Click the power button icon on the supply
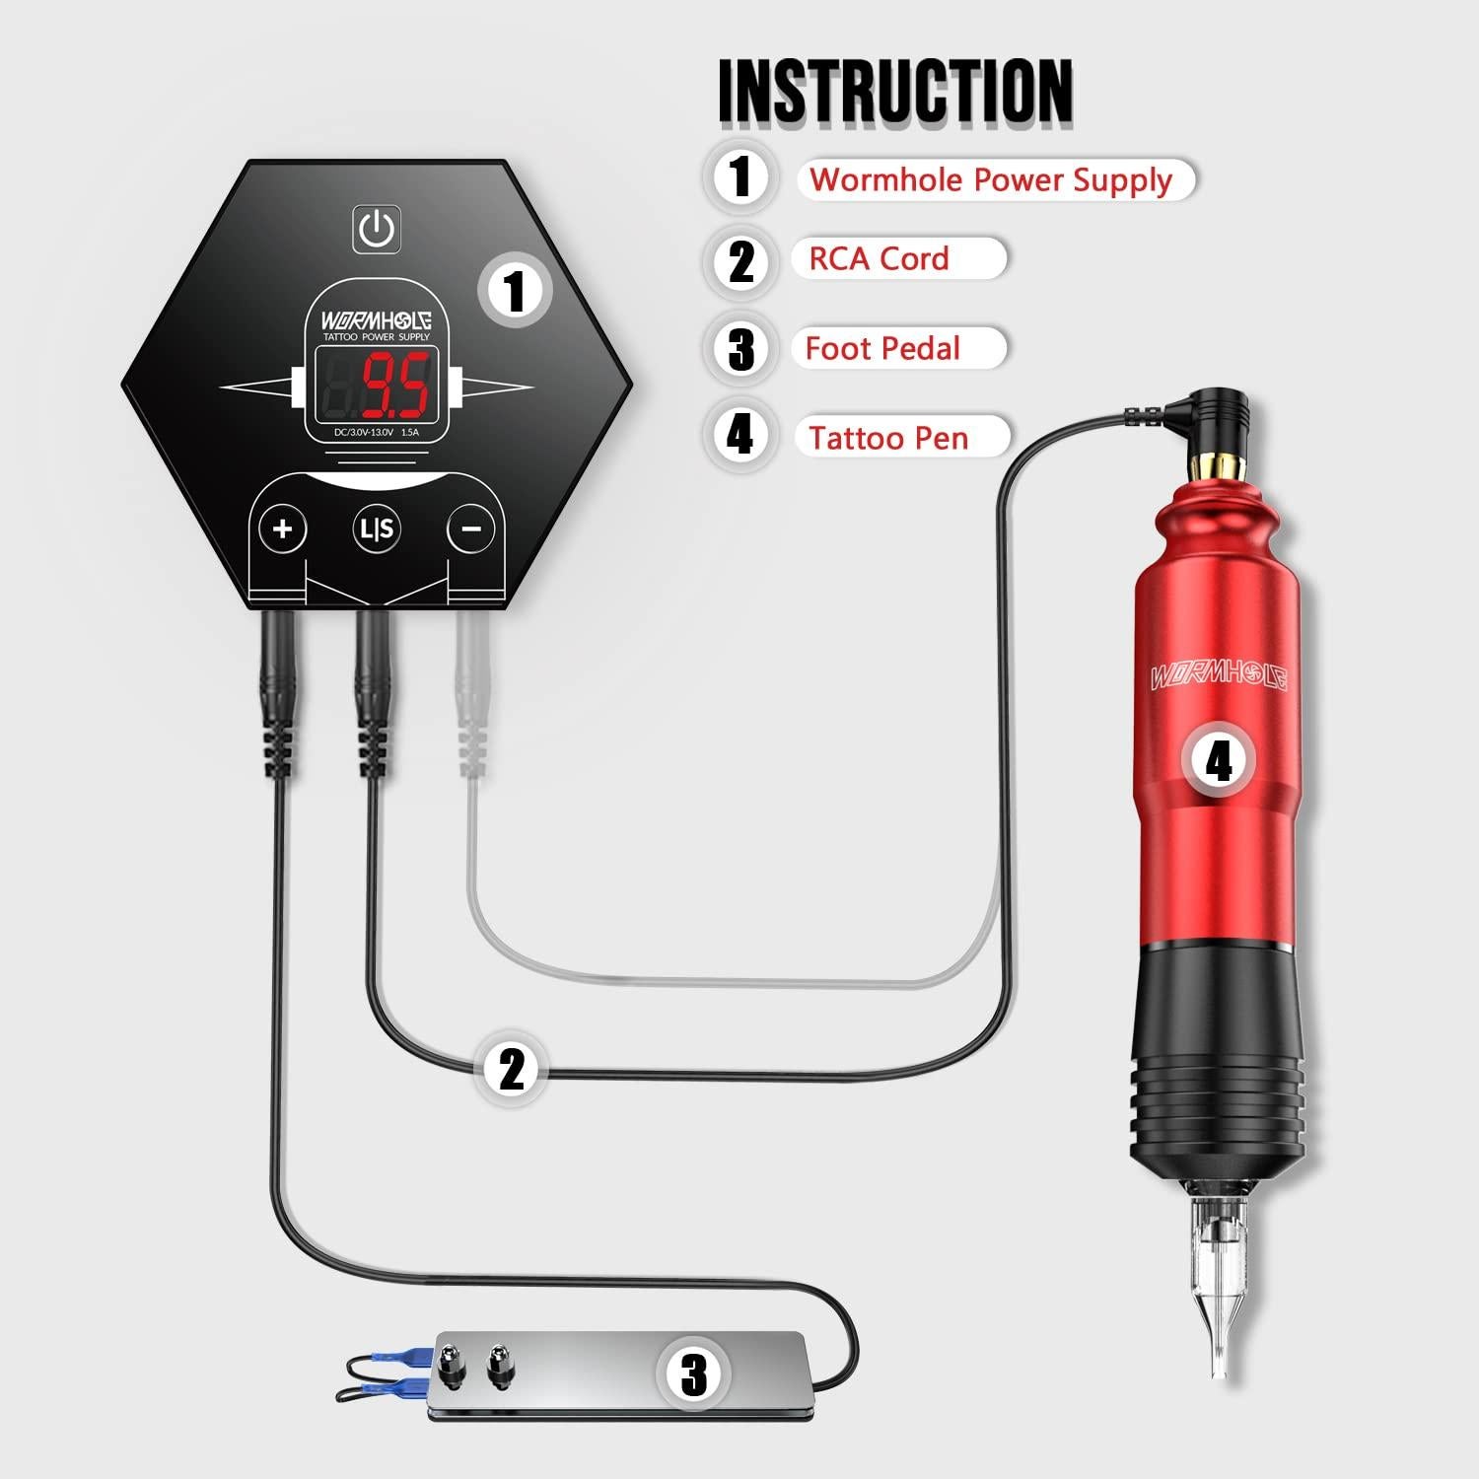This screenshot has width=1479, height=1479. click(377, 230)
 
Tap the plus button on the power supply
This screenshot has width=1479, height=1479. click(283, 529)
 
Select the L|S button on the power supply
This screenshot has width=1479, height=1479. click(377, 529)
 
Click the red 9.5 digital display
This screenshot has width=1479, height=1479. click(395, 387)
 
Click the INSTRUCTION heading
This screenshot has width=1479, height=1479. click(895, 91)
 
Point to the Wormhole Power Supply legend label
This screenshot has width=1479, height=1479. click(992, 180)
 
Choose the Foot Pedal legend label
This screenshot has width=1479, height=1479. click(883, 349)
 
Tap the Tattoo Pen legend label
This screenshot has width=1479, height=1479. click(889, 438)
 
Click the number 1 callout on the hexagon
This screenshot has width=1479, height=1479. click(515, 291)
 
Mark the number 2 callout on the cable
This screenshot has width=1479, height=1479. click(512, 1069)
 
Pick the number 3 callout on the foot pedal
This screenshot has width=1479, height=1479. click(694, 1373)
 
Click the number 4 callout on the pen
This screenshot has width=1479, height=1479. click(1219, 760)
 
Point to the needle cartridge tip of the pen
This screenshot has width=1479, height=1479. click(1219, 1302)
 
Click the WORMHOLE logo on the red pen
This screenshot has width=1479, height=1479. click(1219, 676)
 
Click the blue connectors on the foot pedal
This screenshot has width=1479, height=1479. click(394, 1372)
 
